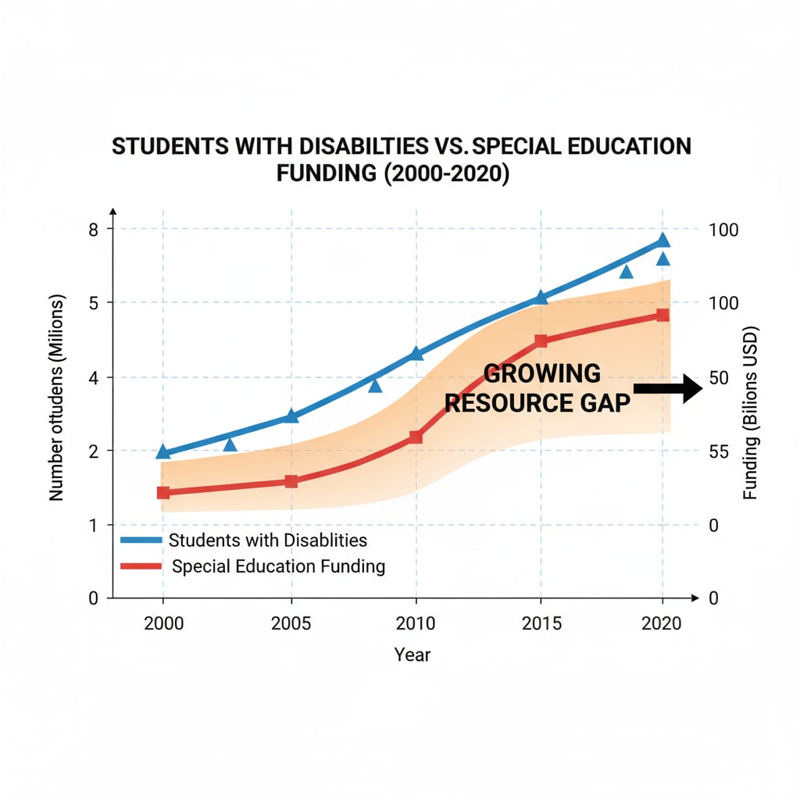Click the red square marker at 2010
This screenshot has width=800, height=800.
coord(416,437)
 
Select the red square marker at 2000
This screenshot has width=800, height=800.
coord(163,492)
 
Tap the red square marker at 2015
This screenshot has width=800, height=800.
coord(541,341)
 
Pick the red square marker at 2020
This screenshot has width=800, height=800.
coord(662,315)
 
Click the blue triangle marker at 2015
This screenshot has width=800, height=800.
coord(541,298)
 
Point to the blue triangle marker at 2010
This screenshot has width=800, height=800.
coord(416,353)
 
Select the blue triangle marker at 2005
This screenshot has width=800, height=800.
coord(291,415)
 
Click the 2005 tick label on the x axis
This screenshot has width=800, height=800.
coord(291,624)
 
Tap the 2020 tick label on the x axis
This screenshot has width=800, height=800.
coord(662,624)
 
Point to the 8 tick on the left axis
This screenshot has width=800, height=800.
coord(93,229)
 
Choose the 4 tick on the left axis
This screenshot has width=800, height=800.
coord(93,377)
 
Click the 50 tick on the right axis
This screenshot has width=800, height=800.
coord(718,377)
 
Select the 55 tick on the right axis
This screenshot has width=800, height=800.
coord(718,451)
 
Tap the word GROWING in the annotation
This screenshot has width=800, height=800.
coord(542,373)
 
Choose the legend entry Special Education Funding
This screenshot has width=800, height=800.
coord(277,566)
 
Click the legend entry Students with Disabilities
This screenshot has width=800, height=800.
coord(267,540)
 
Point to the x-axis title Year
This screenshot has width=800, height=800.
coord(412,655)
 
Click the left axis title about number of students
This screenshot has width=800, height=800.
coord(56,398)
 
